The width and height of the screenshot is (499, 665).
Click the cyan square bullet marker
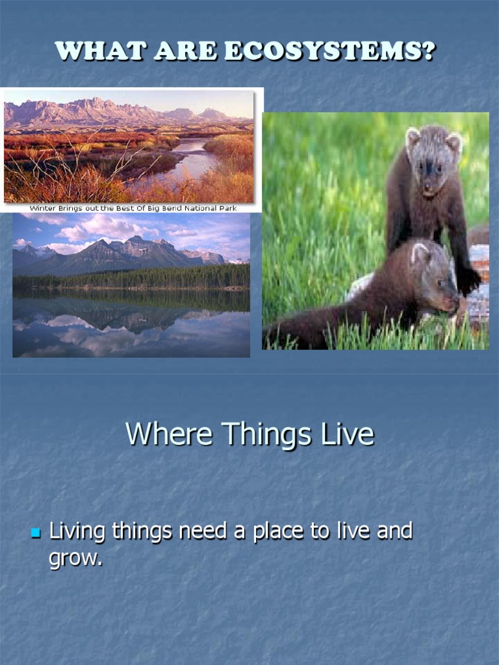[36, 533]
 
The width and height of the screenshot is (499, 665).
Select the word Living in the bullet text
[77, 532]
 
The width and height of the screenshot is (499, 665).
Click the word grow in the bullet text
[74, 558]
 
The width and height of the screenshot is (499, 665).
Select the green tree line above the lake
[130, 279]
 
